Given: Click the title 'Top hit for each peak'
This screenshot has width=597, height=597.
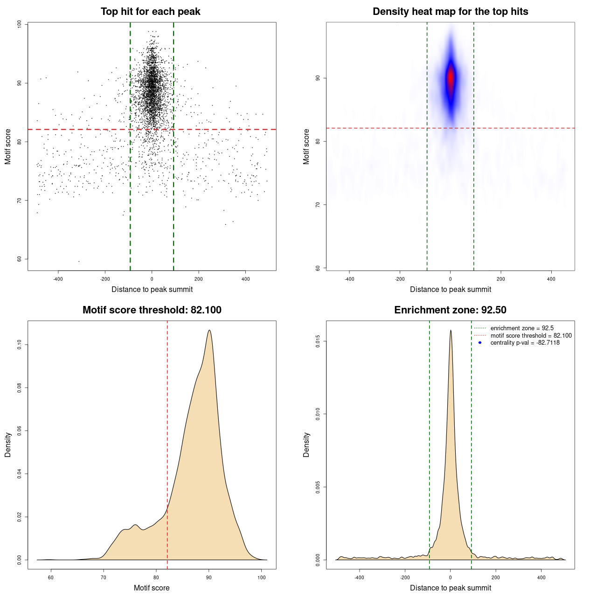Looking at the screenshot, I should click(150, 12).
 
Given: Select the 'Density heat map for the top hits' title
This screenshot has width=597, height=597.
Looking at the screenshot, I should click(450, 12).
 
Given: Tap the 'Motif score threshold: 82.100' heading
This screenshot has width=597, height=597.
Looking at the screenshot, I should click(152, 310).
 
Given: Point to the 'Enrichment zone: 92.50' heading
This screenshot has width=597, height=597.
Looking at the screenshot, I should click(450, 310).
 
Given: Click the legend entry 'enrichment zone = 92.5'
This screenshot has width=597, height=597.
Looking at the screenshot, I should click(522, 328).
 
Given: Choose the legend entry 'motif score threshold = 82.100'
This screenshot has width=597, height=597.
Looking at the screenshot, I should click(531, 336).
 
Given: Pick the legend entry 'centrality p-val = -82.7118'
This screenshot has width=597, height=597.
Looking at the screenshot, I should click(525, 343).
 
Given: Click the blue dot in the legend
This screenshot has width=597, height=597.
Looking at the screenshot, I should click(480, 343).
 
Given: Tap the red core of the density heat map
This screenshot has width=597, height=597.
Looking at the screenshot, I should click(451, 78).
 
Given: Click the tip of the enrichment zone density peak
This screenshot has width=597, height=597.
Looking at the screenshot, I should click(451, 331).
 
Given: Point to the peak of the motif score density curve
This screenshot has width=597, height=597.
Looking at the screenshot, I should click(209, 331).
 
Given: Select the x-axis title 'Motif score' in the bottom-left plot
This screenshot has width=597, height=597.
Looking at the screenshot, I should click(152, 588).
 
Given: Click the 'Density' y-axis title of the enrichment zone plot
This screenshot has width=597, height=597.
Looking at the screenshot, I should click(306, 444).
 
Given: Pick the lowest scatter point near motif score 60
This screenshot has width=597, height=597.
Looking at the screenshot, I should click(79, 261).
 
